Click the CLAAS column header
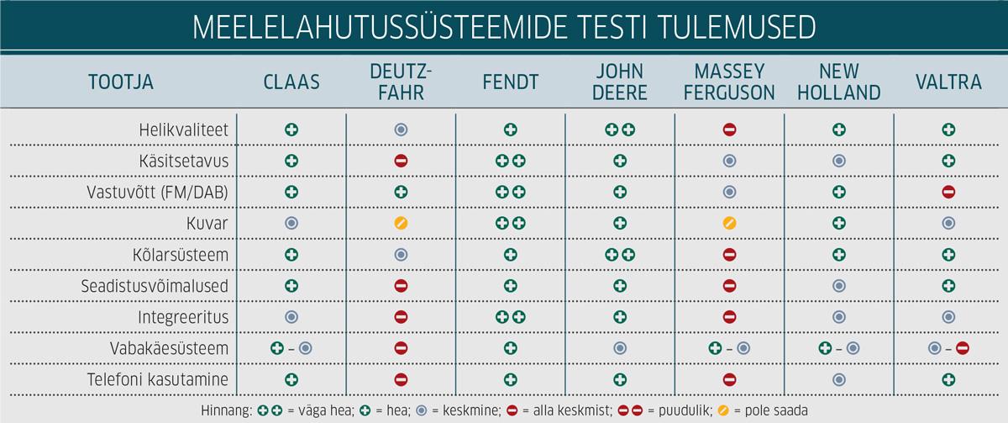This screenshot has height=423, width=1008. click(291, 82)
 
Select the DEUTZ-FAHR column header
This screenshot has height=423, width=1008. click(401, 82)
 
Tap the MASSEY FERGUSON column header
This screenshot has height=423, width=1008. click(729, 82)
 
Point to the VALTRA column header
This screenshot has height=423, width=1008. click(949, 82)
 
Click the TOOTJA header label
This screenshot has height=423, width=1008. click(121, 82)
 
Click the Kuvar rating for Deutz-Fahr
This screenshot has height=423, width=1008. click(401, 223)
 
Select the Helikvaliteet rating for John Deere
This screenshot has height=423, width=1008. click(620, 130)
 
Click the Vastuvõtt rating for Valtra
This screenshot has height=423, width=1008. click(949, 192)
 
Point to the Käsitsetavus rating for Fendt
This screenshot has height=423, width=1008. click(511, 161)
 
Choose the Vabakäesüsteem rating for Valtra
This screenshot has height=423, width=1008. click(949, 348)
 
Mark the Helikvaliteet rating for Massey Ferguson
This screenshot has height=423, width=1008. click(729, 130)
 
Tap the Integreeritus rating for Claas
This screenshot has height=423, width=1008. click(291, 317)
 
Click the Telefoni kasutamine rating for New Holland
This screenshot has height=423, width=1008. click(839, 379)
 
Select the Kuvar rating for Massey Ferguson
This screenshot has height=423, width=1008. click(729, 223)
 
